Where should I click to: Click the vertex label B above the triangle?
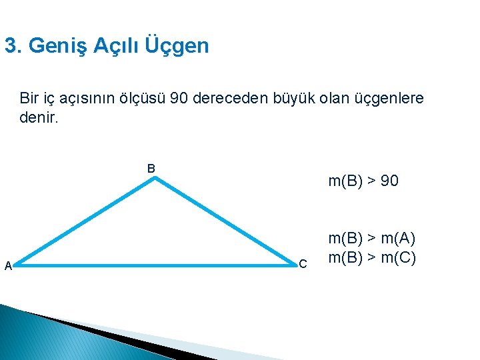coord(151,169)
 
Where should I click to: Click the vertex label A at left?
coord(8,266)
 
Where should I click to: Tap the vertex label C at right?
coord(303,265)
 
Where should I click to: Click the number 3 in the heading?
coord(10,46)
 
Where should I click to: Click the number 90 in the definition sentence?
coord(179,99)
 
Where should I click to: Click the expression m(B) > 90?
coord(363,181)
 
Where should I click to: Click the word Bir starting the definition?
coord(29,99)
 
